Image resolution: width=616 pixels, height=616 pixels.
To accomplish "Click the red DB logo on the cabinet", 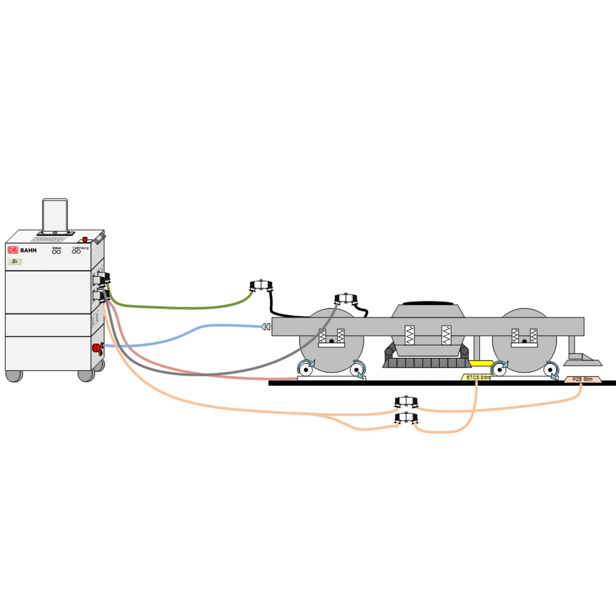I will click(x=13, y=250).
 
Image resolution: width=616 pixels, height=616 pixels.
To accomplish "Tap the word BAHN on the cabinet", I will click(x=29, y=250).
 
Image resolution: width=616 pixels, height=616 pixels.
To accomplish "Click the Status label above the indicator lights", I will click(x=57, y=248).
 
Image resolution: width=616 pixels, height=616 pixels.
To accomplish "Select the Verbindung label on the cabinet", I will click(x=81, y=248).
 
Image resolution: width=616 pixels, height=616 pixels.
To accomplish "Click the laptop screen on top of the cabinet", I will click(x=55, y=215).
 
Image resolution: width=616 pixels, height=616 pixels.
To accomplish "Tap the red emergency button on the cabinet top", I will click(x=85, y=239).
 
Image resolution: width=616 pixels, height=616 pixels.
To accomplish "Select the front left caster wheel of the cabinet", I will click(x=14, y=376).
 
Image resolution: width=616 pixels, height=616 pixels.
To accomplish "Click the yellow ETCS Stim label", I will click(x=476, y=378).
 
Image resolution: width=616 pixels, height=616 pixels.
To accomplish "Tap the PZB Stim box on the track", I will click(x=583, y=379).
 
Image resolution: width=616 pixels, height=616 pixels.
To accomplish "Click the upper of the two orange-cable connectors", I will click(x=406, y=402).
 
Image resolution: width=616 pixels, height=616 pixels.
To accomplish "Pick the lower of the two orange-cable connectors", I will click(x=406, y=418).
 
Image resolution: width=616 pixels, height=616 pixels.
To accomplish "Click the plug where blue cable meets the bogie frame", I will click(x=266, y=326).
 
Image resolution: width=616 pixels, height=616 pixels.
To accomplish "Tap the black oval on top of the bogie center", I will click(x=428, y=303).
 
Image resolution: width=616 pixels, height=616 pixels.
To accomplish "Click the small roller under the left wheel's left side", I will click(x=305, y=369).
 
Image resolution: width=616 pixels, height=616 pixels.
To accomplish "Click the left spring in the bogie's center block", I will click(x=409, y=335).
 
